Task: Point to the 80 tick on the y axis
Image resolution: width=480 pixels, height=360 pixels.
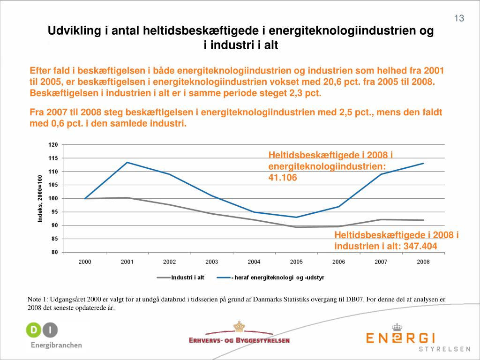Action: click(54, 252)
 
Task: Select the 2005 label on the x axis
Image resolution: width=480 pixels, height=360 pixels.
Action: click(296, 262)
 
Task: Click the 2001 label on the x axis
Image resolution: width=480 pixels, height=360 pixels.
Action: click(127, 262)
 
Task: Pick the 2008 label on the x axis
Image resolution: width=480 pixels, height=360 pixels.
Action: click(423, 262)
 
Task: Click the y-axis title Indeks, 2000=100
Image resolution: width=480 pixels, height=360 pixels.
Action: click(40, 199)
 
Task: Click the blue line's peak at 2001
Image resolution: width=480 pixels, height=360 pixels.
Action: click(127, 162)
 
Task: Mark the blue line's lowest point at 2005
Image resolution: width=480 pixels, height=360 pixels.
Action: click(296, 217)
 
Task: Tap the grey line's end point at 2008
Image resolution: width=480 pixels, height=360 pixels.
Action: click(423, 220)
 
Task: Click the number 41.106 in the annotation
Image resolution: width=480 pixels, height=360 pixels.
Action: click(283, 178)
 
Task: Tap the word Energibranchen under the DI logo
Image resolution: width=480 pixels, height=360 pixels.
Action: click(56, 345)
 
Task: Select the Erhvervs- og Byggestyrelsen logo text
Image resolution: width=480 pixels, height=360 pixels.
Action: click(239, 340)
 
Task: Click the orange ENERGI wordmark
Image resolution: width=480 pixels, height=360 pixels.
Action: click(401, 338)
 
